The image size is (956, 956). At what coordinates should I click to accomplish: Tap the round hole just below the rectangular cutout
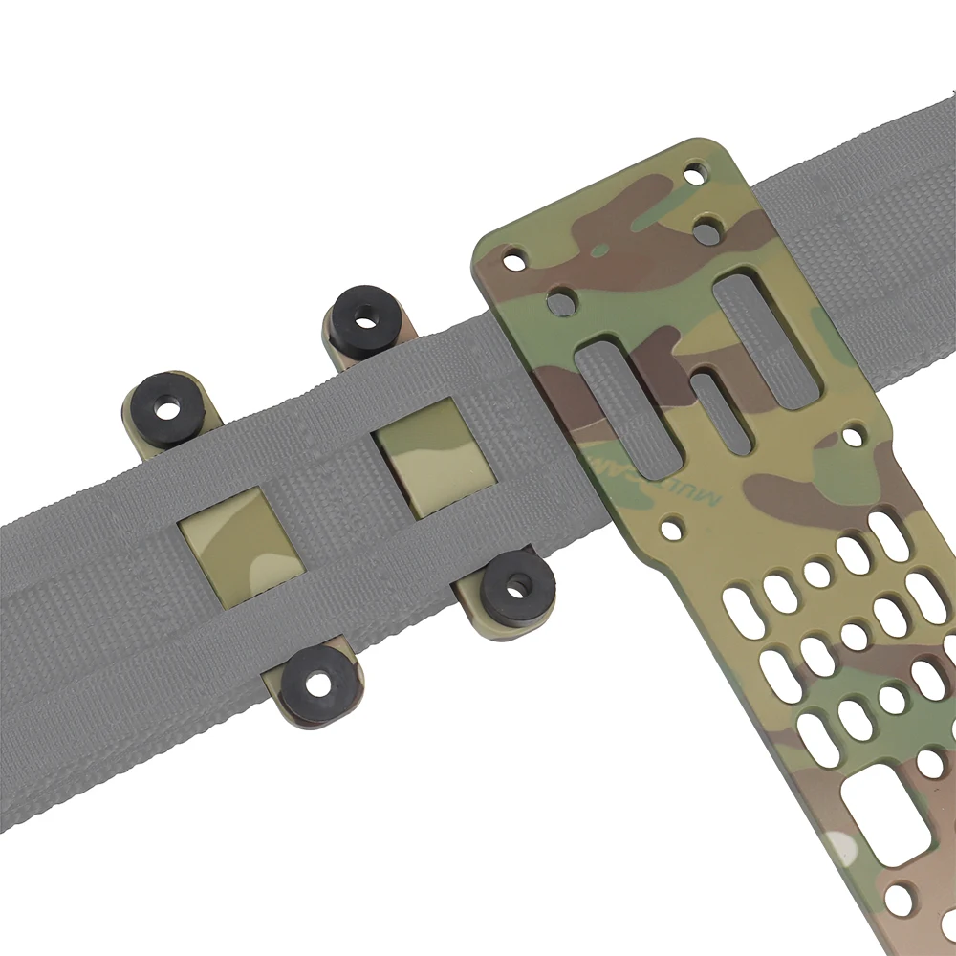[898, 899]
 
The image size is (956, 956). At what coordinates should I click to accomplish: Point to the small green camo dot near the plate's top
[598, 250]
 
